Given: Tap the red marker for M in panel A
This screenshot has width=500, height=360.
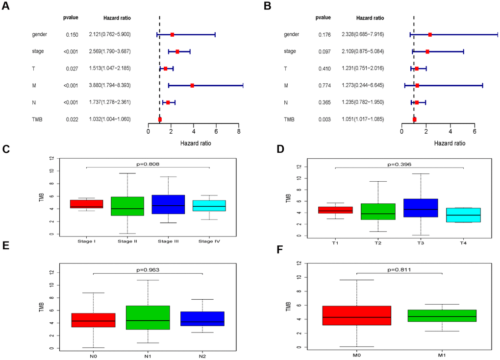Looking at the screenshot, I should click(192, 85).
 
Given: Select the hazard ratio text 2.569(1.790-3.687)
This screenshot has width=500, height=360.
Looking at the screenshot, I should click(110, 51).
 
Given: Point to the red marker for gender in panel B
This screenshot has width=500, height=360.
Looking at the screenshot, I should click(430, 35).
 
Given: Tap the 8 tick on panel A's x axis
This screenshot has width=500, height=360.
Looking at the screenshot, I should click(239, 131).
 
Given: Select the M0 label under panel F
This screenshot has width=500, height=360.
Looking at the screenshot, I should click(356, 354).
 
